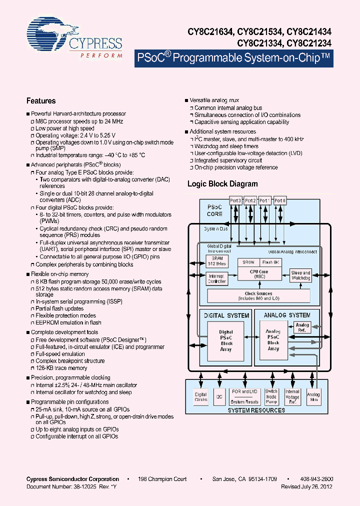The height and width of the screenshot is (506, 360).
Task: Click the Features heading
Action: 41,101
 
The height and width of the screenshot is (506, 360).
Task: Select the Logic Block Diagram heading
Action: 222,184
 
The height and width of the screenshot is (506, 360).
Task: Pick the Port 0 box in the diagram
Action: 280,200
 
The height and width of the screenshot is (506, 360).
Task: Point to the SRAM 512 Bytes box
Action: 217,261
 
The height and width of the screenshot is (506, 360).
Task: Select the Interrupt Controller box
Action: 217,279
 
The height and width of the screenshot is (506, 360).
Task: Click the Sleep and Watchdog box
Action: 300,275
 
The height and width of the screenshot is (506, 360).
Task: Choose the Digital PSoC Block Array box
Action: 226,340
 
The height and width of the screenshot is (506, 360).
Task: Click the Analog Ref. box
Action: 302,327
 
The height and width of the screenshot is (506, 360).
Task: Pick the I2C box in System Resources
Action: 219,397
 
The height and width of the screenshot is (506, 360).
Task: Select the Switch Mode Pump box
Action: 271,397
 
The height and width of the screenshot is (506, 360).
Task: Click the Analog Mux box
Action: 313,397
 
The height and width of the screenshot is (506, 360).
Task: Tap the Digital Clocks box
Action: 200,397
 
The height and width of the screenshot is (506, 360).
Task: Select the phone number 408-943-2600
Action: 317,479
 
